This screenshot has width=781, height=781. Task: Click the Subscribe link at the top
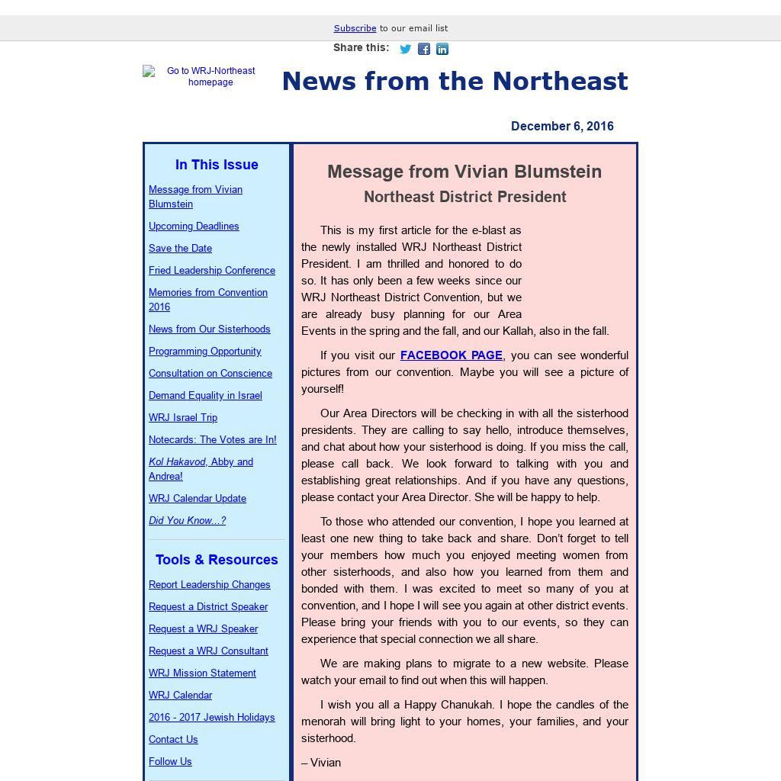[x=355, y=28]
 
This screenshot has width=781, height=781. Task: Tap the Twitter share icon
[x=406, y=49]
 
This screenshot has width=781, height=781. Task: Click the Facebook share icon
[x=424, y=49]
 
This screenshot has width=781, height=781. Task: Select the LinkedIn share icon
[x=442, y=49]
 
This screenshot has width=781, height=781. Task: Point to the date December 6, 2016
[x=562, y=127]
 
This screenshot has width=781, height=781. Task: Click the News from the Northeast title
[x=455, y=82]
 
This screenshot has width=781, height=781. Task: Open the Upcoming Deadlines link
[x=194, y=227]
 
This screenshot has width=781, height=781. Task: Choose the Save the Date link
[x=180, y=249]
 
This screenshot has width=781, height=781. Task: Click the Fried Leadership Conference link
[x=212, y=271]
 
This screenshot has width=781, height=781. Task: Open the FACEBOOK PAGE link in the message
[x=451, y=355]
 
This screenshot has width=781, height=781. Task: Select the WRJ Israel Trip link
[x=183, y=418]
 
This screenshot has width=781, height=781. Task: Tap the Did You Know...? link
[x=187, y=521]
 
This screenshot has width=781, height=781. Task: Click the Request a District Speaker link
[x=208, y=607]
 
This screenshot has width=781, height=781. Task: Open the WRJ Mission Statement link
[x=202, y=673]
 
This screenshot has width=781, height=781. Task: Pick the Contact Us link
[x=173, y=740]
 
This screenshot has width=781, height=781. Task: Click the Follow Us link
[x=170, y=762]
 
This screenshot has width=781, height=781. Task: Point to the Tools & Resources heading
[x=217, y=560]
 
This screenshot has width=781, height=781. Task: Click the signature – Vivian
[x=321, y=763]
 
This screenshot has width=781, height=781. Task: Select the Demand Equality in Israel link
[x=205, y=396]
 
